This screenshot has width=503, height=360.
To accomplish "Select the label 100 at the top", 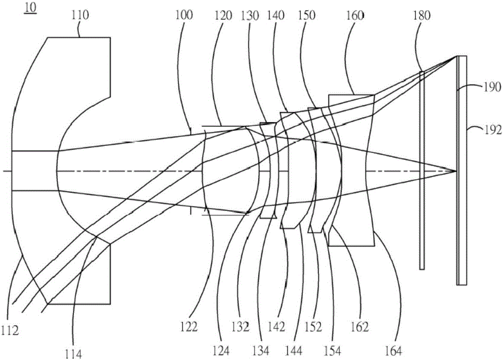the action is (x=184, y=15).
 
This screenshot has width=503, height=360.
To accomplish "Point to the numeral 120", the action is (x=223, y=16).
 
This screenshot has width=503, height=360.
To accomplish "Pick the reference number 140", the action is (x=276, y=16).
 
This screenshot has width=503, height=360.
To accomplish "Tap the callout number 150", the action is (x=307, y=16).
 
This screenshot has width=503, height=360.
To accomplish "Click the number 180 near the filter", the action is (x=422, y=16).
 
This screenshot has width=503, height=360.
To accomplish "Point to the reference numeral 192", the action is (x=493, y=130).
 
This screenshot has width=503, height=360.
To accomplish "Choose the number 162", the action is (x=360, y=327).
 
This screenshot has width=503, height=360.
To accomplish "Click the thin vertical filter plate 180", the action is (x=422, y=170).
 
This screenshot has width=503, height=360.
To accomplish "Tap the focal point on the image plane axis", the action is (x=456, y=171).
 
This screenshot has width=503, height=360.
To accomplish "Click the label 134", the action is (x=261, y=351).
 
